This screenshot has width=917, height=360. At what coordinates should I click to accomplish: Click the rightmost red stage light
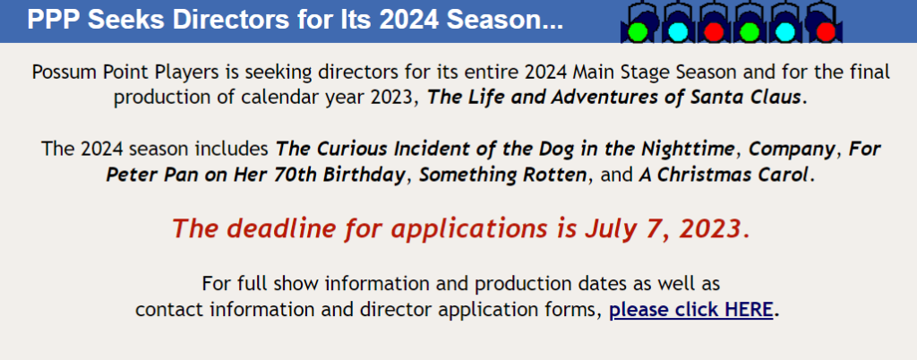pyautogui.click(x=825, y=31)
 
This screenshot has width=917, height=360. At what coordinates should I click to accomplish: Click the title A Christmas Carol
pyautogui.click(x=724, y=174)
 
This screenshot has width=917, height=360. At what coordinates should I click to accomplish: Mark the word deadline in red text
pyautogui.click(x=274, y=228)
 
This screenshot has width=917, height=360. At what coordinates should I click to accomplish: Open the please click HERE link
pyautogui.click(x=691, y=309)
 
